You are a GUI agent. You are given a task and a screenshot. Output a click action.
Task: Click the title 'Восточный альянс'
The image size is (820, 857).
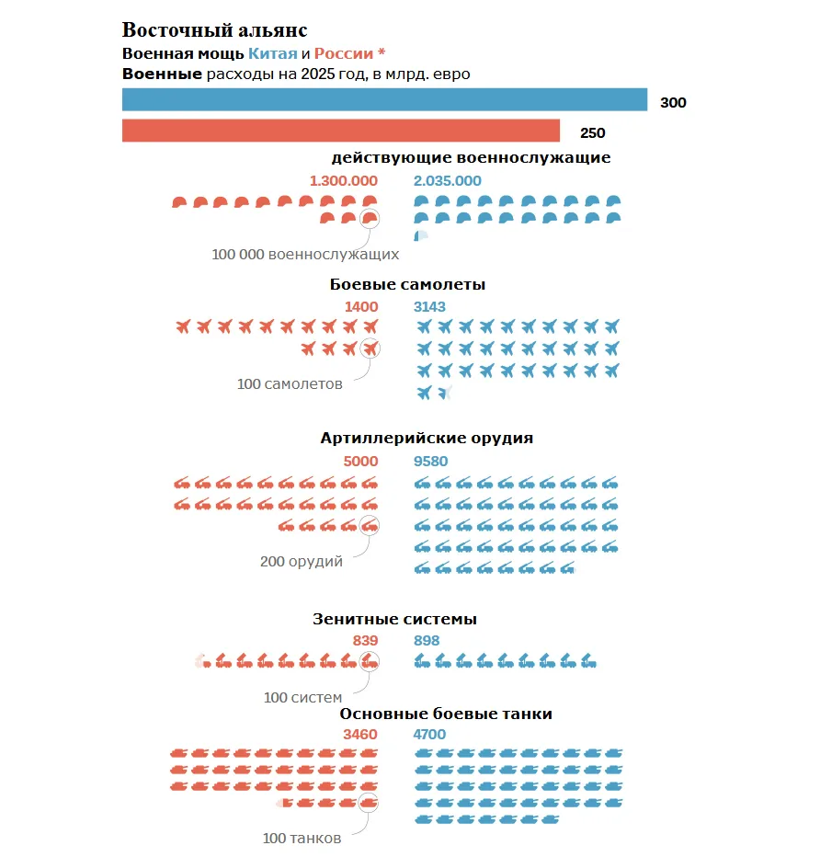click(x=215, y=30)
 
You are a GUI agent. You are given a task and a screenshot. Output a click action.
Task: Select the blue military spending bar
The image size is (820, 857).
click(x=384, y=99)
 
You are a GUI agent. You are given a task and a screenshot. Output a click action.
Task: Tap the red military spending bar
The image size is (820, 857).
click(x=341, y=131)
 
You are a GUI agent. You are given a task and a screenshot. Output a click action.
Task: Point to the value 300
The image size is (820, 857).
click(x=673, y=102)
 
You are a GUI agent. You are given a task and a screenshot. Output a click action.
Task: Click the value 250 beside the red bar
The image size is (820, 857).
click(x=593, y=132)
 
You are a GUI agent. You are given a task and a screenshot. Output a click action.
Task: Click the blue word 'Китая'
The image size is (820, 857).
click(x=273, y=53)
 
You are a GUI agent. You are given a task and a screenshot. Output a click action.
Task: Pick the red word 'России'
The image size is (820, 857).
click(x=344, y=53)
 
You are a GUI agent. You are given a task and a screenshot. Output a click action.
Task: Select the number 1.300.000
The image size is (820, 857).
click(x=344, y=181)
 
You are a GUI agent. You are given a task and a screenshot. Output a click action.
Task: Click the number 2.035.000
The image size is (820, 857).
click(x=448, y=181)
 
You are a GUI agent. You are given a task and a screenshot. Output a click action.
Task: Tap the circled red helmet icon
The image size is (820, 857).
click(x=370, y=219)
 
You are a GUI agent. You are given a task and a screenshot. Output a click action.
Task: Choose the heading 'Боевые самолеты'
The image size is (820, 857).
click(x=407, y=284)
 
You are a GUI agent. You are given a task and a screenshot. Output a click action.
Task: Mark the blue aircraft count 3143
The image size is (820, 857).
click(x=429, y=306)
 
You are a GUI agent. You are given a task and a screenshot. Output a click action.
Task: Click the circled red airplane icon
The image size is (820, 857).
click(x=370, y=349)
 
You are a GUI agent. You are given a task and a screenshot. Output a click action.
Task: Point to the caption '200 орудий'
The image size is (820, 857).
click(x=302, y=561)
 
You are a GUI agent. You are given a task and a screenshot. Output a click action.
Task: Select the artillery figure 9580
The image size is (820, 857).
click(x=430, y=462)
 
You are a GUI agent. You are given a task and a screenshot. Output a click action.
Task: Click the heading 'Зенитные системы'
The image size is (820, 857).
click(x=394, y=619)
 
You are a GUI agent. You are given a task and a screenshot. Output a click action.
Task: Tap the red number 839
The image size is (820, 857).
click(x=366, y=641)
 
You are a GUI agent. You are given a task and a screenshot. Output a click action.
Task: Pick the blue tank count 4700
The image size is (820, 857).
click(x=429, y=734)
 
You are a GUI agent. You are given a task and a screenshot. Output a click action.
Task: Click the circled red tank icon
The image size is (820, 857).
click(x=368, y=803)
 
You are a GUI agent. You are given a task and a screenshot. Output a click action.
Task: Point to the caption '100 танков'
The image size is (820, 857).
click(x=302, y=838)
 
